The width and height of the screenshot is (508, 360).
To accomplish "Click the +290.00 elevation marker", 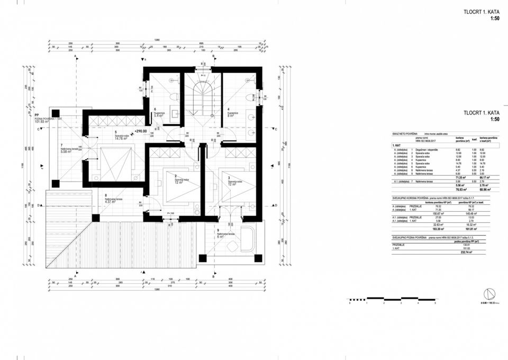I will click(x=140, y=131).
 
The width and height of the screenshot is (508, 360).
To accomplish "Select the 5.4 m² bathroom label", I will click(x=158, y=115).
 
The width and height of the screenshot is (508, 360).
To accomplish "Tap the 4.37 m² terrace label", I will click(x=114, y=202).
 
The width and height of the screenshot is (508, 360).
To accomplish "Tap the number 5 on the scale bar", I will click(x=435, y=304).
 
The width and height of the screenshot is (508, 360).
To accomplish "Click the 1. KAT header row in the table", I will click(x=398, y=145).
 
